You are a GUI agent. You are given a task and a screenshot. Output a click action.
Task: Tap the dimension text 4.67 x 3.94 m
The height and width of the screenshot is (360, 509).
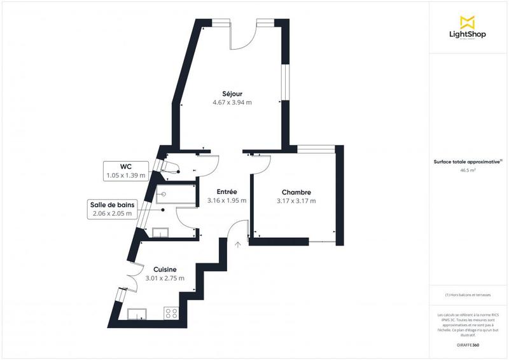coord(232,102)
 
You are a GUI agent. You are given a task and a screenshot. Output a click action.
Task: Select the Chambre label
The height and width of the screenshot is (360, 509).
coord(296,192)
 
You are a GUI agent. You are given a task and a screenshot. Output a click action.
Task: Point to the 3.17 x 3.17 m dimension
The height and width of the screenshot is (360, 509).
coord(296,201)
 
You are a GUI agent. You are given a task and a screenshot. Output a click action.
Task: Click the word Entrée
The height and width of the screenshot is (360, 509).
coord(227,191)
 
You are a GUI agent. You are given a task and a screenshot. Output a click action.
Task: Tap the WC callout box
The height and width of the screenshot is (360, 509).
coord(125,170)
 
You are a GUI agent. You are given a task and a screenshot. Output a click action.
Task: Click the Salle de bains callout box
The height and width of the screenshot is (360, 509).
coord(111,209)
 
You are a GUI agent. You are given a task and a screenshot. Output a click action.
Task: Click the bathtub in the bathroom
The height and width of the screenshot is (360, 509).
coord(175,195)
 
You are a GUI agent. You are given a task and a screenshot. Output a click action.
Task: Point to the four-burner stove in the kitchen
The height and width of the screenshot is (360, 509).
coord(171,312)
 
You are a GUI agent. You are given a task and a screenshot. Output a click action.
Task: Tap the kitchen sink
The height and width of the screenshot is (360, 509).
coord(137,312)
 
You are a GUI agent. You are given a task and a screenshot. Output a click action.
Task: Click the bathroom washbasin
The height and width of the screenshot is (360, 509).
coord(160,232)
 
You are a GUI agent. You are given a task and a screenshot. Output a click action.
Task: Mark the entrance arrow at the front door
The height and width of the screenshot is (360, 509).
coord(237,243)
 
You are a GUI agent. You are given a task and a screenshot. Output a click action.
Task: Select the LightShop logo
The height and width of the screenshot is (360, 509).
coord(468,27)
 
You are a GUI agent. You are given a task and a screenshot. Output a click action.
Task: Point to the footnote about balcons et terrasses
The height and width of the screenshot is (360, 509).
coord(468,294)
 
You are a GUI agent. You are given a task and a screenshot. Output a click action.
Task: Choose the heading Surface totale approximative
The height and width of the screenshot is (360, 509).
coord(468,162)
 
